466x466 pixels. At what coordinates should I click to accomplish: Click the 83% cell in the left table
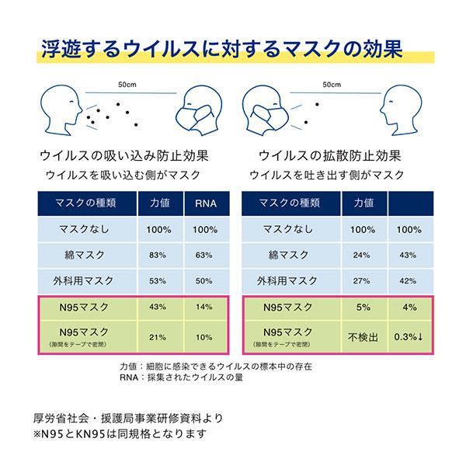(x=158, y=255)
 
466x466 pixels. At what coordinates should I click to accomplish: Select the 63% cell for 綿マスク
(x=204, y=255)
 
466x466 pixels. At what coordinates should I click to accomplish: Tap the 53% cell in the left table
(x=158, y=280)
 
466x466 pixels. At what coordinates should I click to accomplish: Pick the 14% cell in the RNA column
(x=204, y=308)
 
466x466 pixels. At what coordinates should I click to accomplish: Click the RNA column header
(x=204, y=203)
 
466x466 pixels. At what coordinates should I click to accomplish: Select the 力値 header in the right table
(x=363, y=203)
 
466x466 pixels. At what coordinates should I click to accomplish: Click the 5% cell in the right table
(x=363, y=308)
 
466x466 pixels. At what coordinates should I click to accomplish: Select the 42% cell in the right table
(x=409, y=280)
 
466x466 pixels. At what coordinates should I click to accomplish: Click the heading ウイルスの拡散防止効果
(x=325, y=155)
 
